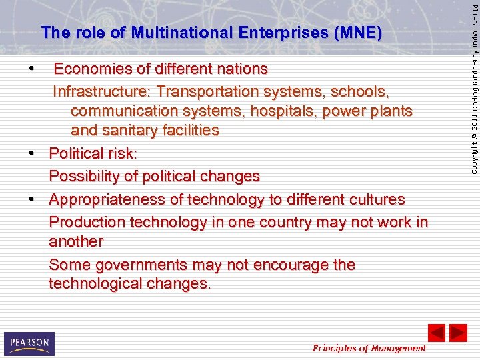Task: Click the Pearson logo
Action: point(29,343)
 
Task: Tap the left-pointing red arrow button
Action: point(436,333)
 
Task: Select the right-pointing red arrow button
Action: point(458,333)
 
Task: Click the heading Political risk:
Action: point(93,154)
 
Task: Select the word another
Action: point(76,241)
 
